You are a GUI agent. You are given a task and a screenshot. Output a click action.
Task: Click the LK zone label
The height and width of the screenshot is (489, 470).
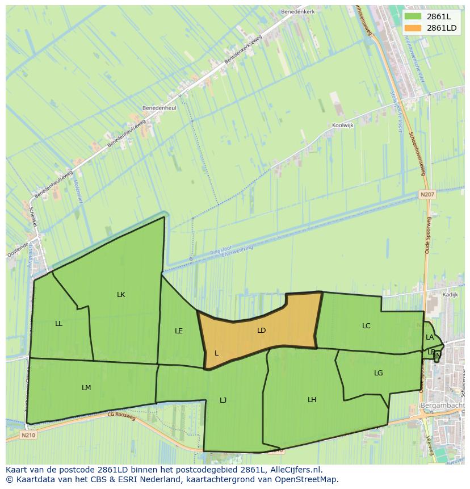pyautogui.click(x=121, y=294)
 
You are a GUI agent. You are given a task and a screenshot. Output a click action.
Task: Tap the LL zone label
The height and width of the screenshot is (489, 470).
pyautogui.click(x=59, y=324)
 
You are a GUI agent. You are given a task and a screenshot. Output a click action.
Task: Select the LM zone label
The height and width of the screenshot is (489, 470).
pyautogui.click(x=86, y=388)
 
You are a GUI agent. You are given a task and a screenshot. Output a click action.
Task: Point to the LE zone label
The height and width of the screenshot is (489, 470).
pyautogui.click(x=179, y=331)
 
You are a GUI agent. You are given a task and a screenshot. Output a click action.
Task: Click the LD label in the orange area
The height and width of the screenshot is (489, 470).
pyautogui.click(x=261, y=330)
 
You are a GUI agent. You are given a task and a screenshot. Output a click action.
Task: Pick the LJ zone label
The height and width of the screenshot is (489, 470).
pyautogui.click(x=223, y=400)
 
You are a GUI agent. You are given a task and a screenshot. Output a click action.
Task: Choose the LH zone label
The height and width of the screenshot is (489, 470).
pyautogui.click(x=312, y=400)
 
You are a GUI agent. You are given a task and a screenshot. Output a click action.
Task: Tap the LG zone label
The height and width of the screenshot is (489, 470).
pyautogui.click(x=379, y=373)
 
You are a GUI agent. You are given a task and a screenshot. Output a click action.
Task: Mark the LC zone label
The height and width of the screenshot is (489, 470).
pyautogui.click(x=366, y=326)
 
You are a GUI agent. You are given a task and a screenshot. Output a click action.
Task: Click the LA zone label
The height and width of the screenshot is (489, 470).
pyautogui.click(x=430, y=337)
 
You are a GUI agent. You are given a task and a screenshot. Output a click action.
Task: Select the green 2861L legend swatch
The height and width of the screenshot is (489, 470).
pyautogui.click(x=413, y=16)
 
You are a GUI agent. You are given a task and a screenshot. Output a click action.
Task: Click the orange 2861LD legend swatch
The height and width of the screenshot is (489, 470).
pyautogui.click(x=413, y=28)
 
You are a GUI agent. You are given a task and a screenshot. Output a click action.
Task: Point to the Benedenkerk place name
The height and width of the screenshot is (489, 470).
pyautogui.click(x=297, y=11)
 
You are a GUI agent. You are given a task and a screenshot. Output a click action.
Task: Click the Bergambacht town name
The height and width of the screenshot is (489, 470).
pyautogui.click(x=443, y=406)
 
